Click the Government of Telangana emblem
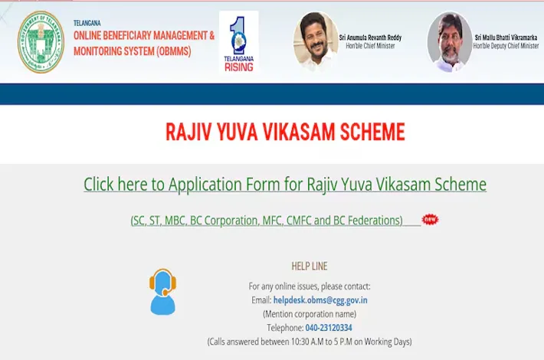(x=41, y=42)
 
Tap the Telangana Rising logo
(x=239, y=42)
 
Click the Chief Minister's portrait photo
(x=316, y=41)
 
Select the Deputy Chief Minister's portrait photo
(x=450, y=42)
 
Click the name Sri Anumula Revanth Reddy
(x=370, y=38)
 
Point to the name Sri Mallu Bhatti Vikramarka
(x=506, y=38)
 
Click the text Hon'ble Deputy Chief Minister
(x=506, y=46)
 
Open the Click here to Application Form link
(x=285, y=184)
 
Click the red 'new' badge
(x=430, y=219)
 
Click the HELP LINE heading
(x=310, y=266)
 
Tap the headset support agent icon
(x=162, y=292)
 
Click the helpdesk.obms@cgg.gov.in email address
(x=320, y=300)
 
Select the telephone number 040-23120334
(x=329, y=328)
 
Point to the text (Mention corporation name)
(x=310, y=314)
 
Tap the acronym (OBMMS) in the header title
(x=173, y=51)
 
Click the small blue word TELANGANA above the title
(x=87, y=23)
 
